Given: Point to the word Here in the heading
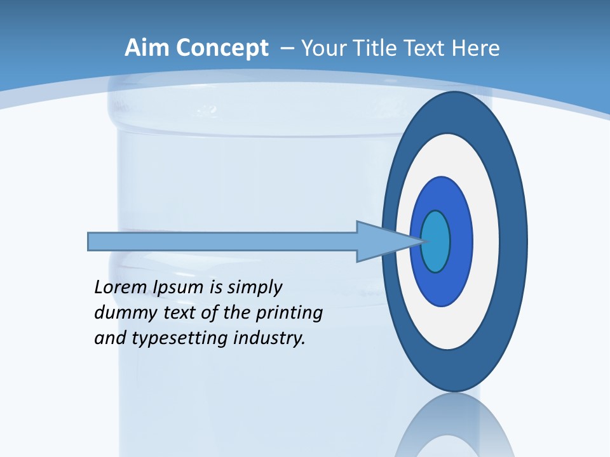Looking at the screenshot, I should [x=477, y=48].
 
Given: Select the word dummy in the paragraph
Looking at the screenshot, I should [x=120, y=313].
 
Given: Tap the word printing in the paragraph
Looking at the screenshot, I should [x=288, y=313].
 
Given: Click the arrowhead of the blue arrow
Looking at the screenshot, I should [x=381, y=242].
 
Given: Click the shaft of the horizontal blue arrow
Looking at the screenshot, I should [x=222, y=242].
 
